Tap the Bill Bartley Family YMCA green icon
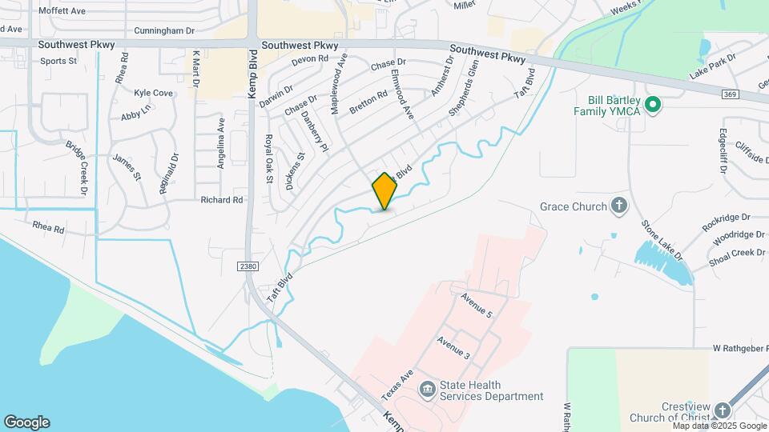[x=652, y=104]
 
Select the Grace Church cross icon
[x=618, y=206]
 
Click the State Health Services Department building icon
[x=428, y=389]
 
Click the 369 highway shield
[x=730, y=94]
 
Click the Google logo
[x=26, y=422]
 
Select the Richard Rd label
[x=222, y=200]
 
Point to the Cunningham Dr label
[x=164, y=31]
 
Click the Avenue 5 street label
[x=476, y=306]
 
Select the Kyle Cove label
[x=153, y=93]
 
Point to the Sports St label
[x=58, y=61]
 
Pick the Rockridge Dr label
[x=726, y=222]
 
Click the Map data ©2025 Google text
[x=719, y=426]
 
